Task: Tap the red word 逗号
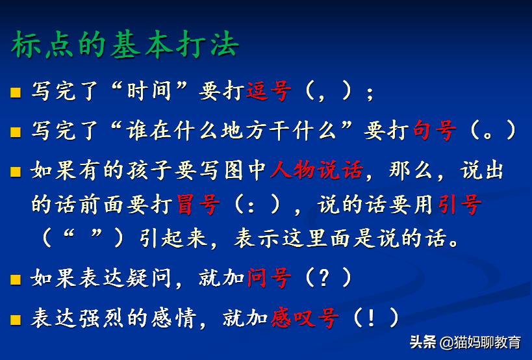tap(268, 92)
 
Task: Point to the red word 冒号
tap(198, 205)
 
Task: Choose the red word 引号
tap(459, 205)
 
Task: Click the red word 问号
tap(269, 279)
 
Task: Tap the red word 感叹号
tap(305, 318)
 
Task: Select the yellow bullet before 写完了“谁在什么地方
tap(16, 132)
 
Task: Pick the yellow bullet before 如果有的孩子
tap(16, 172)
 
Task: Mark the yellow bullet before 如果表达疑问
tap(16, 280)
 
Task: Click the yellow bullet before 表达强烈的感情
tap(16, 320)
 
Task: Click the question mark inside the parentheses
tap(323, 279)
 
